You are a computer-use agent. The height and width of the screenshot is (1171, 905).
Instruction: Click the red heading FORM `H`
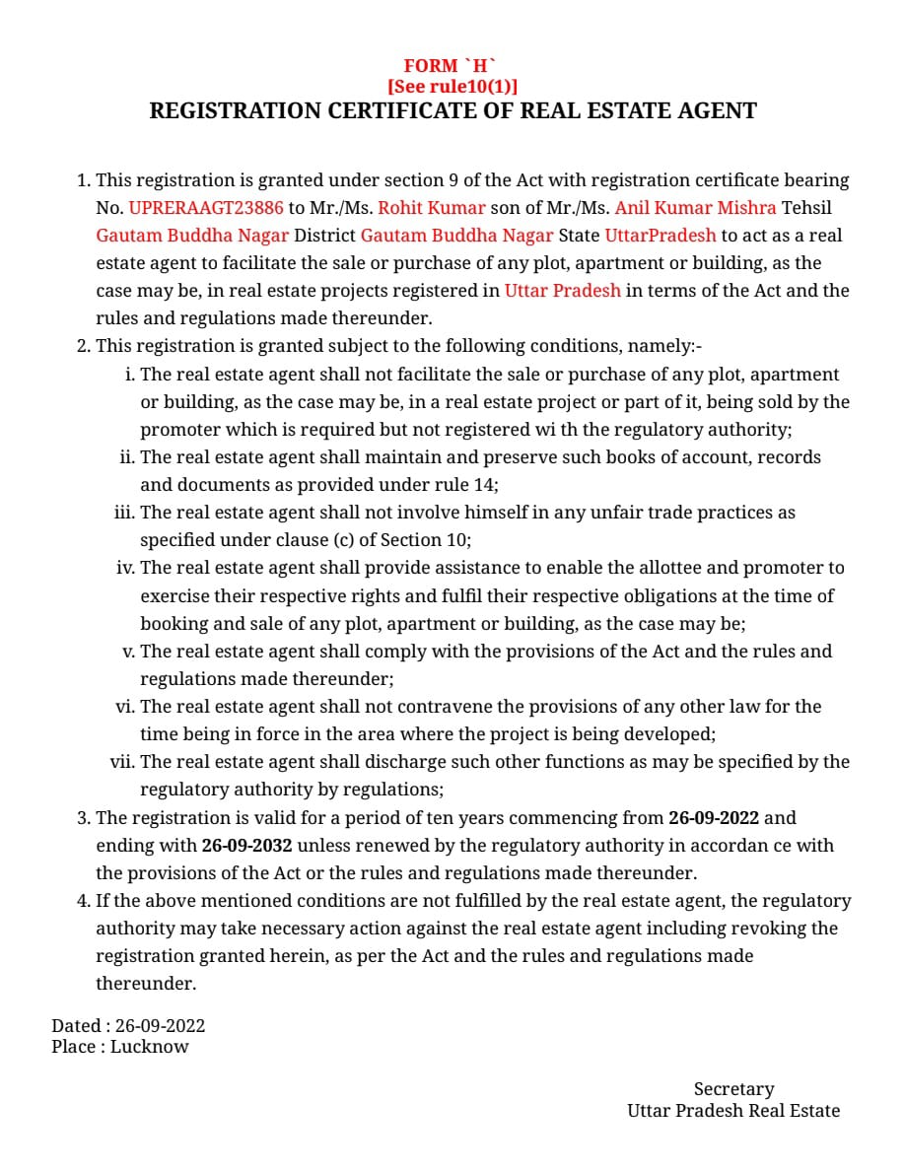(452, 66)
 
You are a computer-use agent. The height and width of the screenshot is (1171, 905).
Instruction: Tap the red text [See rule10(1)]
(452, 87)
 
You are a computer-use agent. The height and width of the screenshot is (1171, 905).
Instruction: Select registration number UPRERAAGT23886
(205, 208)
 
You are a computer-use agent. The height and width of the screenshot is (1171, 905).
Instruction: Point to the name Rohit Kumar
(432, 208)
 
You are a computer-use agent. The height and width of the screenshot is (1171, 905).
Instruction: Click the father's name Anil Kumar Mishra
(695, 208)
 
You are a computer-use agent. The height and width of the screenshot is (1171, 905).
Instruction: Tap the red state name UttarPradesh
(661, 236)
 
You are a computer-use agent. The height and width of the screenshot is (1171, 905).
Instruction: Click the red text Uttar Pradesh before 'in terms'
(563, 291)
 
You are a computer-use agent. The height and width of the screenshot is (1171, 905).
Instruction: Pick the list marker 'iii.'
(125, 513)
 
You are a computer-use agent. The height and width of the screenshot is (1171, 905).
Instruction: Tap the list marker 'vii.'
(122, 762)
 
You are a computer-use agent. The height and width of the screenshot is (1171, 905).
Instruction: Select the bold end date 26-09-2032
(247, 846)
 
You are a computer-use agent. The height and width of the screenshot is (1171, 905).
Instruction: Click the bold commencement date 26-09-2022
(714, 818)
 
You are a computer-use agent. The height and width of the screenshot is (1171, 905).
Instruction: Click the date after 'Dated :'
(160, 1026)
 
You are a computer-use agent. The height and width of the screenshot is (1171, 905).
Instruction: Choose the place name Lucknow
(149, 1047)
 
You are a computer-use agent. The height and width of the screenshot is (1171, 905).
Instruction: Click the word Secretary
(733, 1089)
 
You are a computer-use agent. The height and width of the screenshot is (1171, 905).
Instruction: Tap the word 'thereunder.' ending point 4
(146, 984)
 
